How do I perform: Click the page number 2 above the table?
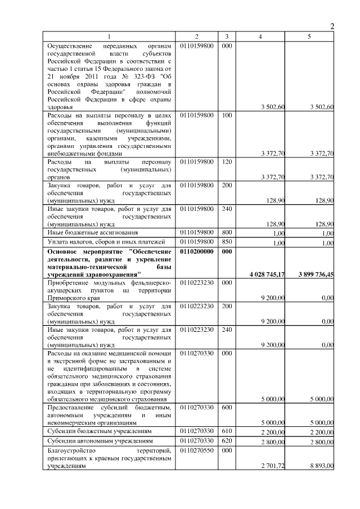[332, 26]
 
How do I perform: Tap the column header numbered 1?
[110, 36]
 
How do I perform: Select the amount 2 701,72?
[273, 466]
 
